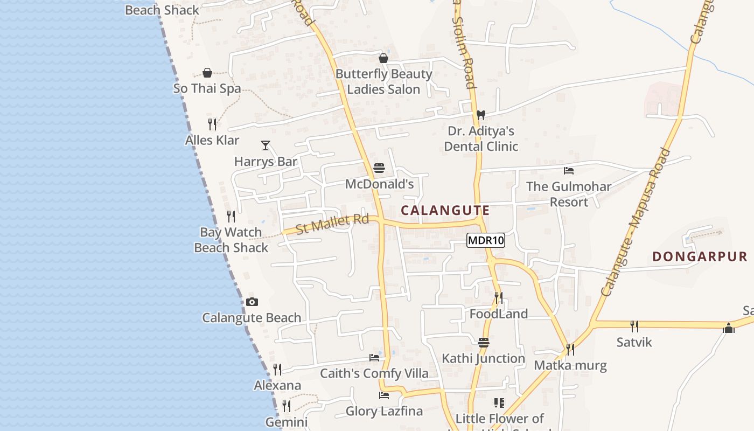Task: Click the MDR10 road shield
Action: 486,240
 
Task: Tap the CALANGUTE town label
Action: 445,211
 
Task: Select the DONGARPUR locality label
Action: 700,256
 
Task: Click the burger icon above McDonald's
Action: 379,168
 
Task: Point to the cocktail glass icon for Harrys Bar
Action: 266,145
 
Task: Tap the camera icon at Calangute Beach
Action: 252,302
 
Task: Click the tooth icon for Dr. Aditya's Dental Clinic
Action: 481,115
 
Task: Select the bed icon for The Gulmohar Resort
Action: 569,171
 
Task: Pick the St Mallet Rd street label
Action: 332,224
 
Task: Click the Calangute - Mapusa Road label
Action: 637,222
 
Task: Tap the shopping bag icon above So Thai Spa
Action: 207,73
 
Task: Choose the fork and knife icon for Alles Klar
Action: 212,124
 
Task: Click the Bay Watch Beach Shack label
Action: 231,240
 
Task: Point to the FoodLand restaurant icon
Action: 499,297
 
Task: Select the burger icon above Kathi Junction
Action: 483,343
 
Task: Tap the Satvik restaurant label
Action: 634,342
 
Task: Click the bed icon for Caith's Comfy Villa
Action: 374,357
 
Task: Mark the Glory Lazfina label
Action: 384,412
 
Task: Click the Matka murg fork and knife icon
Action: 570,350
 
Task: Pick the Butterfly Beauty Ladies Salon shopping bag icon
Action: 383,58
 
